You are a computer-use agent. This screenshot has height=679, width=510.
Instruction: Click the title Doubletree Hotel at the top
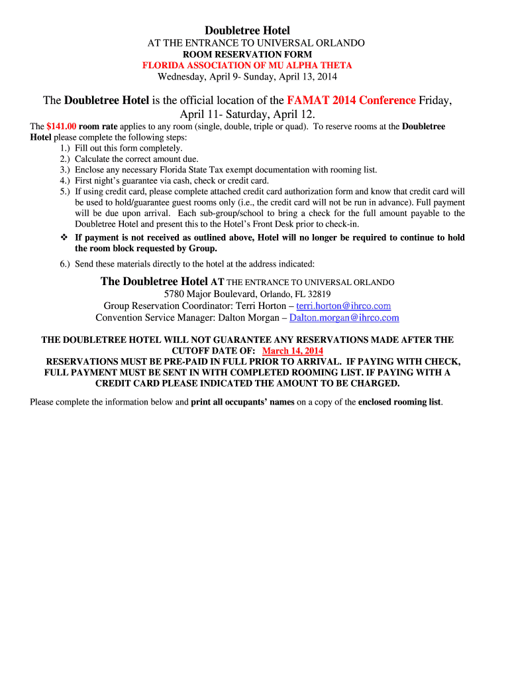pyautogui.click(x=247, y=31)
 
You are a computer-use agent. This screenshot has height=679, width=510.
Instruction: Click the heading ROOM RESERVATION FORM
pyautogui.click(x=247, y=54)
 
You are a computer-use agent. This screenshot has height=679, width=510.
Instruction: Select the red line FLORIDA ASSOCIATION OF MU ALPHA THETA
pyautogui.click(x=247, y=65)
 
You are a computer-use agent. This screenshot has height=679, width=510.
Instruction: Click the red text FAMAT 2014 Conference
pyautogui.click(x=351, y=101)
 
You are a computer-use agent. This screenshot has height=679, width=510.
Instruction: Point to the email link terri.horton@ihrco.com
pyautogui.click(x=343, y=306)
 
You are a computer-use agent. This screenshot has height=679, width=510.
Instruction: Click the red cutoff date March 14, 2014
pyautogui.click(x=293, y=351)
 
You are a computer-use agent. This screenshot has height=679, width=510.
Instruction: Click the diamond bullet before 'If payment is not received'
pyautogui.click(x=64, y=237)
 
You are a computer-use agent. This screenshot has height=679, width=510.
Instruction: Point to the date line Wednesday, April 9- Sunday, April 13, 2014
pyautogui.click(x=247, y=76)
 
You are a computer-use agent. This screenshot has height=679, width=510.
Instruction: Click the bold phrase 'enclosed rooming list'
pyautogui.click(x=399, y=402)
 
